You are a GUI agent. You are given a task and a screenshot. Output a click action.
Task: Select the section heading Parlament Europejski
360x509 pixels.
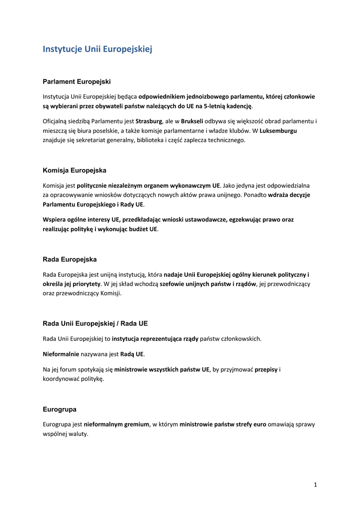click(x=77, y=81)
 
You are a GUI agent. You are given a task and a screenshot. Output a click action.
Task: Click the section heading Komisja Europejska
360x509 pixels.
click(x=75, y=170)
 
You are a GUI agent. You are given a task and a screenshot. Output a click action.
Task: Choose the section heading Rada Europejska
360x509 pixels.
click(x=70, y=259)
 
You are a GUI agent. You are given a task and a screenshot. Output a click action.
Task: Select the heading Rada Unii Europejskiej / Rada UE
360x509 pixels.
click(x=95, y=324)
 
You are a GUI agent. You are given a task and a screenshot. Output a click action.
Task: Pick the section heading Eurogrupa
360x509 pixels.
click(x=60, y=410)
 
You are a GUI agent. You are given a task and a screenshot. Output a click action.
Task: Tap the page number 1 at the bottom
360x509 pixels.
click(x=315, y=485)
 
